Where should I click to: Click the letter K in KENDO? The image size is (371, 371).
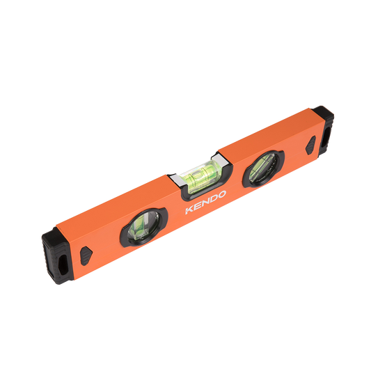coord(189,210)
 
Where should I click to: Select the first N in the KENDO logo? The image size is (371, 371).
coord(204,203)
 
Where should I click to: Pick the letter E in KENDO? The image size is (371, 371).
coord(196,206)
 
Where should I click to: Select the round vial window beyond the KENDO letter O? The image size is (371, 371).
coord(263,168)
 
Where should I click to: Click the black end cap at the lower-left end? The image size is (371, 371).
coord(56,256)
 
